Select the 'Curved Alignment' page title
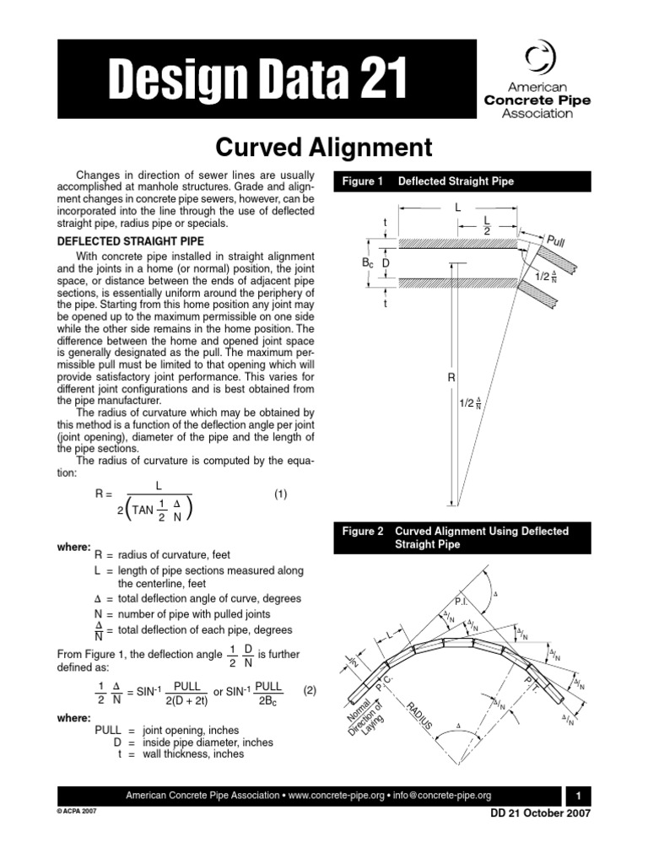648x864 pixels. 324,148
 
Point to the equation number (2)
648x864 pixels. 310,689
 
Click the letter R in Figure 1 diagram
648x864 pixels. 451,379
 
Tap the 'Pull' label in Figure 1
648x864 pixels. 556,242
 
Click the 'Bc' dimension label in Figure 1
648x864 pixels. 367,265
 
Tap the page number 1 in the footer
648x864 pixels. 579,796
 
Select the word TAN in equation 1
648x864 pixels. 143,510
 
